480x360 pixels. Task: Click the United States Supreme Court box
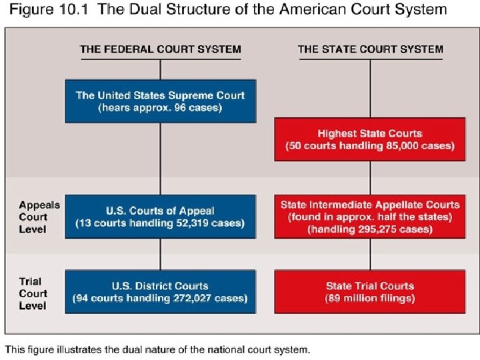160,101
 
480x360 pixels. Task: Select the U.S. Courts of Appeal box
160,217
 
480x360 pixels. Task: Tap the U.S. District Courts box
160,292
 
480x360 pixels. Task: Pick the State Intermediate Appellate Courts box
370,217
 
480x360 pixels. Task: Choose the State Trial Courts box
370,292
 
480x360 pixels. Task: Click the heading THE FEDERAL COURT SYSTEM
160,49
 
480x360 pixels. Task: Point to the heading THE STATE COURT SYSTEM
370,49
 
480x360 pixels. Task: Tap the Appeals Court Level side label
33,217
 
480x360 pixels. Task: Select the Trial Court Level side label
33,293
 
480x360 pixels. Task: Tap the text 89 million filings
370,298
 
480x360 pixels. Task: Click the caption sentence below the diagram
157,349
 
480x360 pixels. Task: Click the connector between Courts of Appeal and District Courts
160,254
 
